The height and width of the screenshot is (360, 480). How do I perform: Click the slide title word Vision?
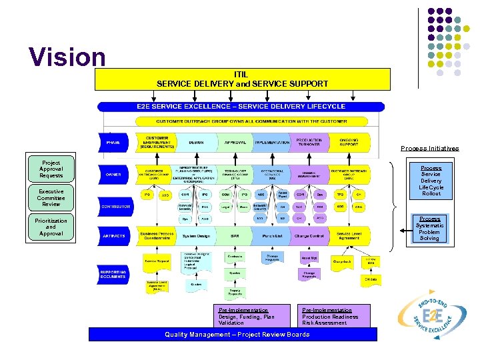67,57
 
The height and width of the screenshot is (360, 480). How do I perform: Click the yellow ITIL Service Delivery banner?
241,79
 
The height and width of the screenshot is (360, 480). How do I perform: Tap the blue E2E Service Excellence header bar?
241,107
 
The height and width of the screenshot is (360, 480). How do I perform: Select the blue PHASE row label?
114,143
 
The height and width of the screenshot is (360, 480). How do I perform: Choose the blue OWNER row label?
114,175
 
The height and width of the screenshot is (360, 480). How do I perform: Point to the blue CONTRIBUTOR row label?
115,207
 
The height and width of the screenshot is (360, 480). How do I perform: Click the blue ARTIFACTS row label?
115,235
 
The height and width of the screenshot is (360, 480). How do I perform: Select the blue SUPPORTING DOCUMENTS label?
115,274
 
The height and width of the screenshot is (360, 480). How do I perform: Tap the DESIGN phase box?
197,143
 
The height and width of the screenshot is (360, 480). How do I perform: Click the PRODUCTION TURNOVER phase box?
309,143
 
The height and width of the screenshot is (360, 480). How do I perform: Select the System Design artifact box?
197,235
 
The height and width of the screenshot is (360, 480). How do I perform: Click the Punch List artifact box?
272,235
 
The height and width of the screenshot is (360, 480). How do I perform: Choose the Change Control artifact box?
309,235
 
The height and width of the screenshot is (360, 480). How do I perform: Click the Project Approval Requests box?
51,169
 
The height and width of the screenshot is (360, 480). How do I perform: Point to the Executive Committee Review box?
51,198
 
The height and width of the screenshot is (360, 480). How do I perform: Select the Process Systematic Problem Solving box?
430,229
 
